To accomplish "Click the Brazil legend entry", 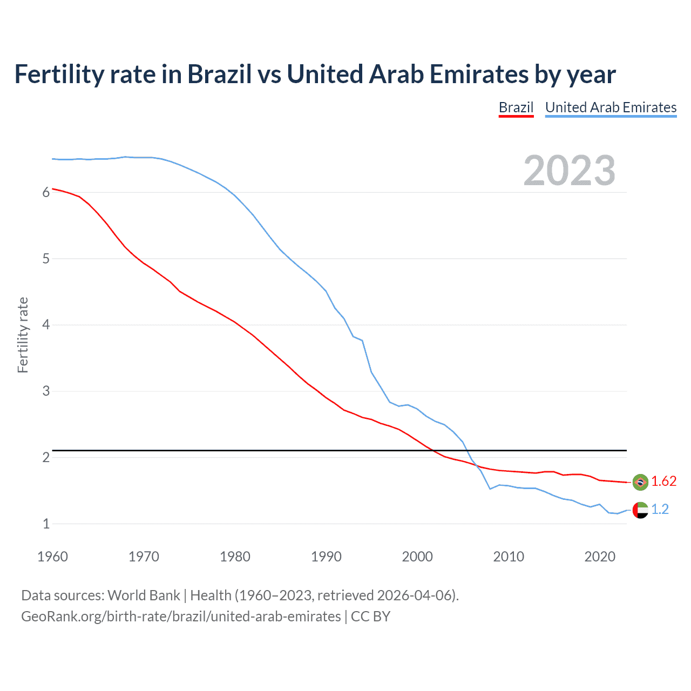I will point(516,107).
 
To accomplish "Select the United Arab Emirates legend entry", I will point(611,107).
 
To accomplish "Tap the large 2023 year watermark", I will point(569,171).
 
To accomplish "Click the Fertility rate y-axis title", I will point(23,335).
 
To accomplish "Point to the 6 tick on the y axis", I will point(46,193).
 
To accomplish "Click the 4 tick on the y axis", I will point(46,325).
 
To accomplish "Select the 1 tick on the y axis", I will point(46,524).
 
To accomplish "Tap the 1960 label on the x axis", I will point(52,557).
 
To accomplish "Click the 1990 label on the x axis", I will point(326,557).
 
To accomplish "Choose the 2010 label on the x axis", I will point(509,557).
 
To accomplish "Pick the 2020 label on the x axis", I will point(600,557).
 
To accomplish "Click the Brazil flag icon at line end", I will point(640,482).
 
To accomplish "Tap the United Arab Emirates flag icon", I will point(640,510).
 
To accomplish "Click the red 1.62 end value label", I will point(663,482).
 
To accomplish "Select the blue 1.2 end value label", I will point(660,510).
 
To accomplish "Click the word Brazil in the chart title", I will point(219,74).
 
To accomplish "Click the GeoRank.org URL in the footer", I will point(181,617).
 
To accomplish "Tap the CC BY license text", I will point(370,617).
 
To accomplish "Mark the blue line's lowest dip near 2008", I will point(490,489).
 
